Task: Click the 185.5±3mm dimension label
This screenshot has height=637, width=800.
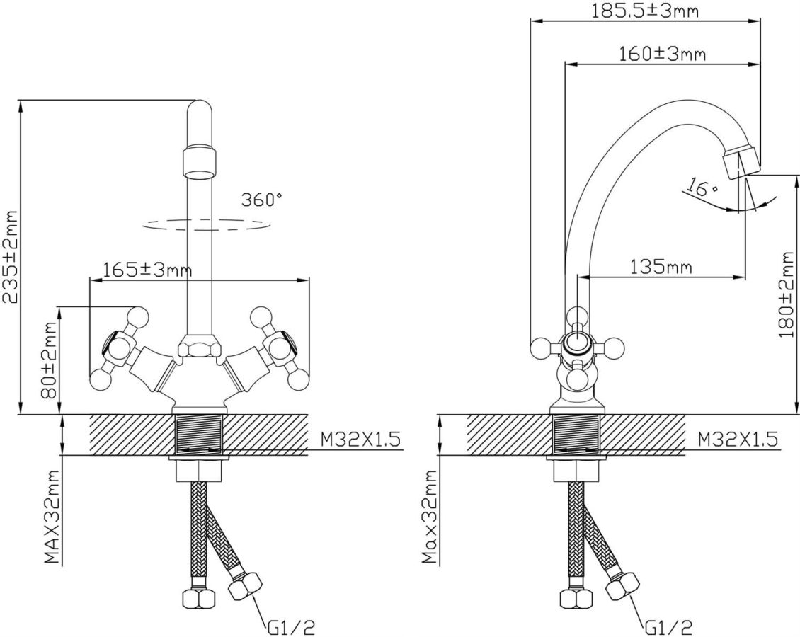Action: pyautogui.click(x=644, y=10)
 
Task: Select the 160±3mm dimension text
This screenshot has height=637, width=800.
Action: pyautogui.click(x=662, y=53)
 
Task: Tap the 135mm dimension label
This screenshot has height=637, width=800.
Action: pyautogui.click(x=661, y=266)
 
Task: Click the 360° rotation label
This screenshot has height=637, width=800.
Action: pyautogui.click(x=262, y=200)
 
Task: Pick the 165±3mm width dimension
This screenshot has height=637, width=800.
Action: pyautogui.click(x=147, y=269)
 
